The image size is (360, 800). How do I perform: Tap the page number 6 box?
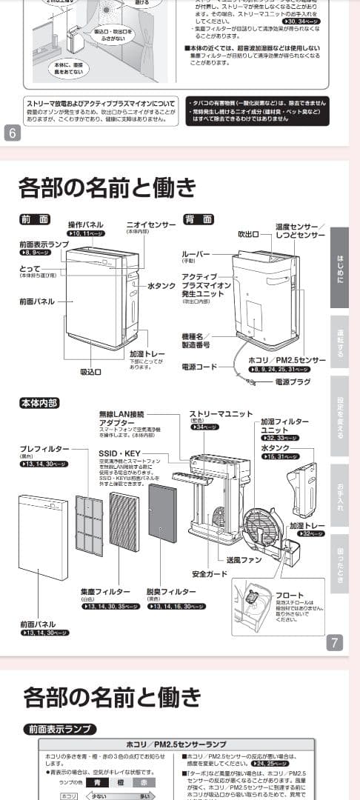[x=13, y=133]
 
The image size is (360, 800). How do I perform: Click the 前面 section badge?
[x=35, y=219]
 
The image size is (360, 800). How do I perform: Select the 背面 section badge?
[x=198, y=219]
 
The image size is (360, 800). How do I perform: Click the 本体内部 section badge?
[x=39, y=403]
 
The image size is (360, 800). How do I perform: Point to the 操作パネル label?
[x=85, y=224]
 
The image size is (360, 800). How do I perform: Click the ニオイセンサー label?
[x=151, y=224]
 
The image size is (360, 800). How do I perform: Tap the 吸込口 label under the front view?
[x=90, y=371]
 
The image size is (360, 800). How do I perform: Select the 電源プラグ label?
[x=293, y=382]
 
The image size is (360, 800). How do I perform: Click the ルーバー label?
[x=196, y=254]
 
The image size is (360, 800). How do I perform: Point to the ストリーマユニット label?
[x=221, y=414]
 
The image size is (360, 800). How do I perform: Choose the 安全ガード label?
[x=209, y=574]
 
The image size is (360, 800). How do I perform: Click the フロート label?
[x=289, y=595]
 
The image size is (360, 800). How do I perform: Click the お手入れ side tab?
[x=339, y=493]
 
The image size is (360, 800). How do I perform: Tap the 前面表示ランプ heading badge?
[x=58, y=729]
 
